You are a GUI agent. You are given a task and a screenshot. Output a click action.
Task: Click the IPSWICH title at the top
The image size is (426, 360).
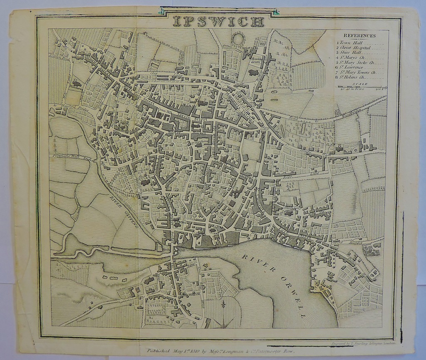(x=218, y=21)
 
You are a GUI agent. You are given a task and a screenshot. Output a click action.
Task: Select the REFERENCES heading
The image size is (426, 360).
(x=359, y=36)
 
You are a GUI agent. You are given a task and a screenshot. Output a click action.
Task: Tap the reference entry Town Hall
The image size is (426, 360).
(x=349, y=42)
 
